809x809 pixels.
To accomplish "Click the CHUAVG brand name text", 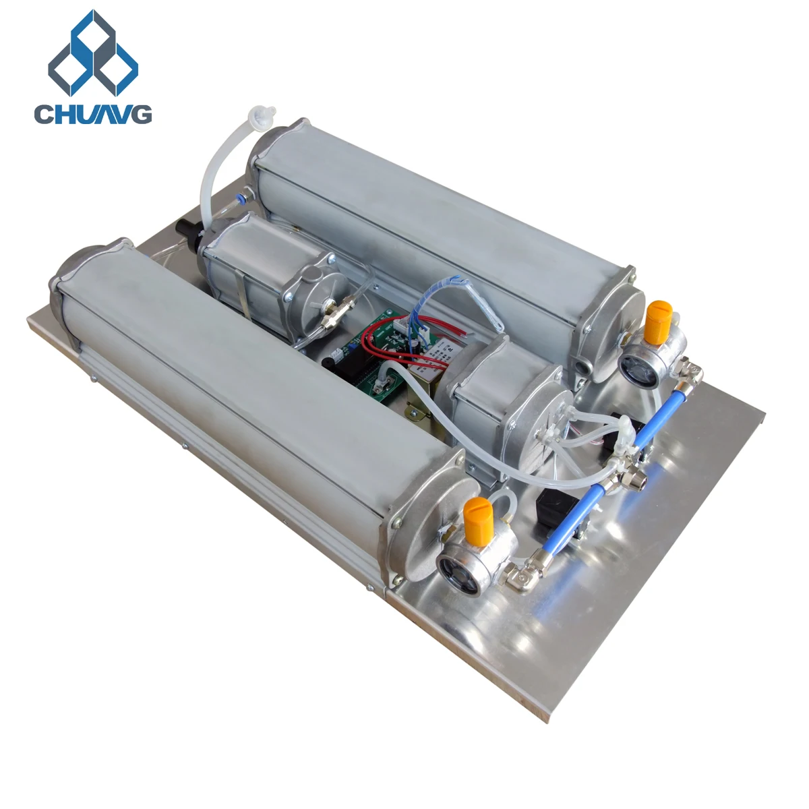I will [x=93, y=113].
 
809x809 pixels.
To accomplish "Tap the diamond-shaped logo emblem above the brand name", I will [x=93, y=54].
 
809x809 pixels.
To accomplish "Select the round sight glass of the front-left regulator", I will [x=453, y=567].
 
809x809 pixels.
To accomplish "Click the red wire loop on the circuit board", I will [x=378, y=344].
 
